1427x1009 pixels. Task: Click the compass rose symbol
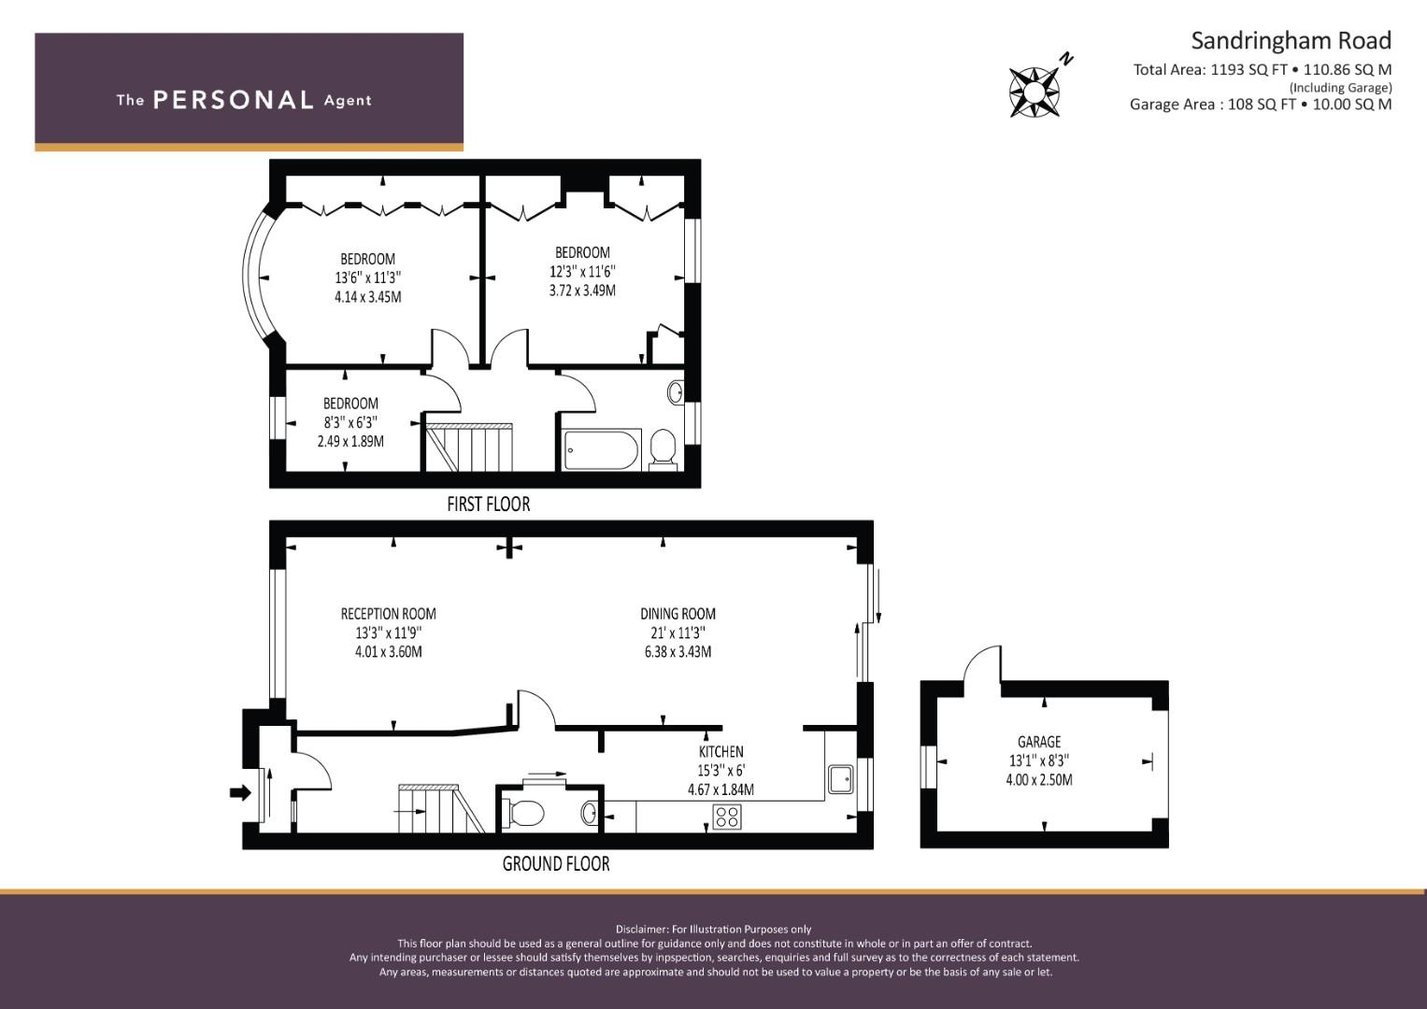pos(1035,92)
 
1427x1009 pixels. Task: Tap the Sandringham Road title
pos(1291,41)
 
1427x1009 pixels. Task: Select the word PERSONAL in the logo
pos(234,100)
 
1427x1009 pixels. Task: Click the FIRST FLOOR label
pos(489,504)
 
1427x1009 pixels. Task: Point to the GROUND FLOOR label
pos(556,864)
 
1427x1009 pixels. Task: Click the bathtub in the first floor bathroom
pos(602,449)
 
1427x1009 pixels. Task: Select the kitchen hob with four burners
pos(727,817)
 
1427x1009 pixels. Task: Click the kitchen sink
pos(841,779)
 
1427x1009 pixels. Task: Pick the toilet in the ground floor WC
pos(523,814)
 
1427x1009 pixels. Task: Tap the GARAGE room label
pos(1039,742)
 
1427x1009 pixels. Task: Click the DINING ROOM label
pos(678,614)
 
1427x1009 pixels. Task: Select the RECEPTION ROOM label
pos(389,614)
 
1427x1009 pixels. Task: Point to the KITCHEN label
pos(721,752)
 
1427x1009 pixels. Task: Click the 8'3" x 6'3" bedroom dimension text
pos(350,422)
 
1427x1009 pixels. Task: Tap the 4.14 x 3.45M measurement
pos(368,297)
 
